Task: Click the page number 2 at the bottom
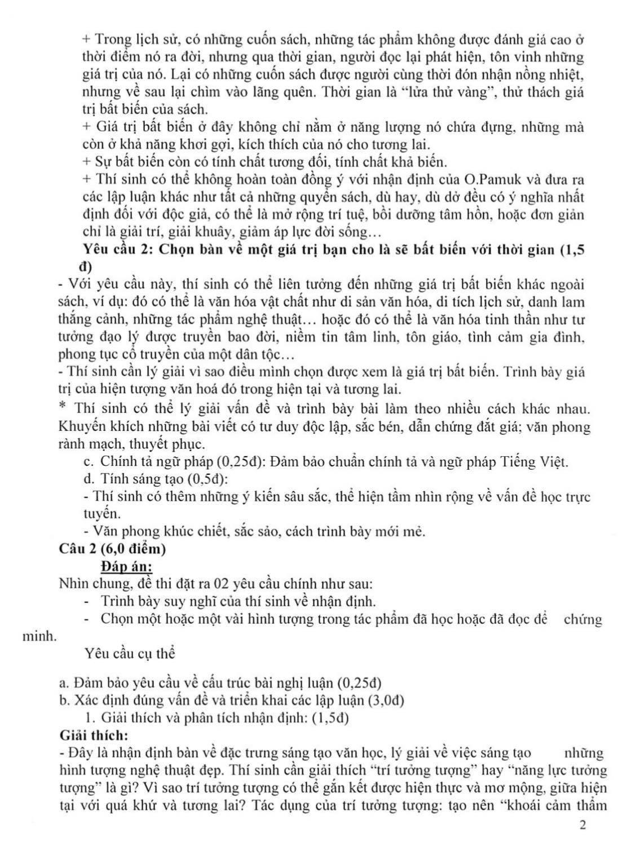[x=583, y=826]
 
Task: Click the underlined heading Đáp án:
[x=126, y=566]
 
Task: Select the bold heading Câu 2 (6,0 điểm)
[x=112, y=549]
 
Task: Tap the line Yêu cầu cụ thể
[x=129, y=654]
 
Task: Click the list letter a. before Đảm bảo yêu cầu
[x=64, y=683]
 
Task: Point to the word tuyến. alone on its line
[x=102, y=514]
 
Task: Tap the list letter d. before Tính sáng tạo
[x=88, y=479]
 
